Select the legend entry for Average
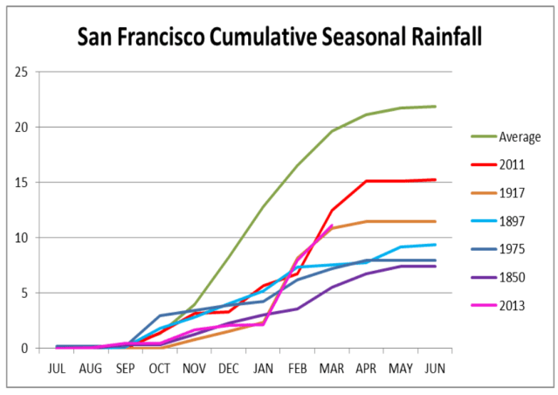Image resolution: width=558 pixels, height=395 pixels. pyautogui.click(x=520, y=136)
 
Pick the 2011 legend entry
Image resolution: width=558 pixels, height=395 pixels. pyautogui.click(x=513, y=164)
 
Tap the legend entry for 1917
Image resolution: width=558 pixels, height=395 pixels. pyautogui.click(x=513, y=192)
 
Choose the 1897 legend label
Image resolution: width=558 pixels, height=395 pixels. pyautogui.click(x=513, y=220)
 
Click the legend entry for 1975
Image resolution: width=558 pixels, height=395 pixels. pyautogui.click(x=513, y=248)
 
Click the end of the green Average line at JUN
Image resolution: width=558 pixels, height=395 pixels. pyautogui.click(x=436, y=107)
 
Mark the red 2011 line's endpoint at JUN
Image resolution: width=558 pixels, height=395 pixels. pyautogui.click(x=436, y=180)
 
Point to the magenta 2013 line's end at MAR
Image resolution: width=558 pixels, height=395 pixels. pyautogui.click(x=333, y=225)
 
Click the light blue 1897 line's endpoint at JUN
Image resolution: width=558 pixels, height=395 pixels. pyautogui.click(x=436, y=245)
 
